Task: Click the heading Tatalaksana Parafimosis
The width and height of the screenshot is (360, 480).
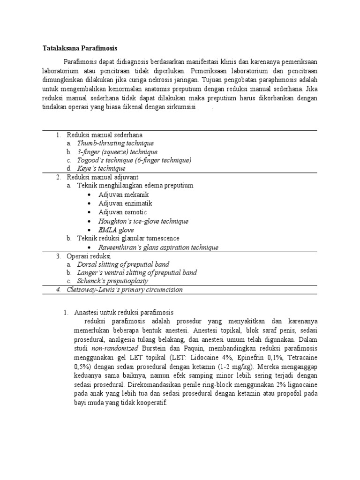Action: (x=79, y=48)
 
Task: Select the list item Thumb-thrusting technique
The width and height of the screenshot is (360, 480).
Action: (x=115, y=143)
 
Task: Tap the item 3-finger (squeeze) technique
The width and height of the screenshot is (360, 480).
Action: (x=117, y=152)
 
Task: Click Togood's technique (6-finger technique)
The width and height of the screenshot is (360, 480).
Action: (x=134, y=160)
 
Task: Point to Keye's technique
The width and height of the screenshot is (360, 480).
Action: (x=101, y=169)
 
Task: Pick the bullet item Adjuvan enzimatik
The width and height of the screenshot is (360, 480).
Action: (x=125, y=203)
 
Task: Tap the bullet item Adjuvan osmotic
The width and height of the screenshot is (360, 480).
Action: (x=122, y=212)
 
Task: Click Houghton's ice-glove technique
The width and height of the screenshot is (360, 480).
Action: (x=143, y=221)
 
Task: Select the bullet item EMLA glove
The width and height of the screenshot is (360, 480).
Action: (x=116, y=230)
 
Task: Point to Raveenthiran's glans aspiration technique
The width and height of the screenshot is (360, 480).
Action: (x=158, y=247)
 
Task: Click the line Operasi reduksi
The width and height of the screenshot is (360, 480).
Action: (x=89, y=256)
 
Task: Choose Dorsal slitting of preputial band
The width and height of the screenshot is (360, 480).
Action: (x=123, y=265)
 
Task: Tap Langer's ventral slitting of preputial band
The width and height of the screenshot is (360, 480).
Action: (x=137, y=273)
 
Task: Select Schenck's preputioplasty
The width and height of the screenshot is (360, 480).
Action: (x=112, y=281)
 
